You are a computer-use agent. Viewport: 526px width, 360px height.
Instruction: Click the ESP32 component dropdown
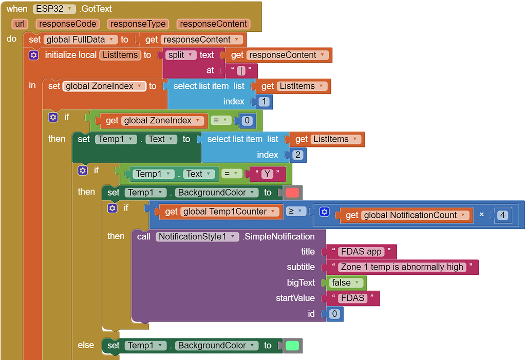(x=54, y=9)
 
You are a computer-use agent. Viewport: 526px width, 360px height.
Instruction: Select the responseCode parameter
(x=67, y=24)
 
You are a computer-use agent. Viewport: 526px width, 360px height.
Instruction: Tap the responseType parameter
(x=138, y=24)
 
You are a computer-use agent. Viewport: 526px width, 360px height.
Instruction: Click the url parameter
(x=20, y=24)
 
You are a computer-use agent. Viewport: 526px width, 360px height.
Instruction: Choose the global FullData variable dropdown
(x=81, y=40)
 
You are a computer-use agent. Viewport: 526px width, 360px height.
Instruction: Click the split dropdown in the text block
(x=180, y=55)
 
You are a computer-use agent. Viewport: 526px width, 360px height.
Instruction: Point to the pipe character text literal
(x=241, y=70)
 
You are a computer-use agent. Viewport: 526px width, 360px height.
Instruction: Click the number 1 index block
(x=264, y=102)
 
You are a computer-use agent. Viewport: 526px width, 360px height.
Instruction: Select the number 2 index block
(x=298, y=155)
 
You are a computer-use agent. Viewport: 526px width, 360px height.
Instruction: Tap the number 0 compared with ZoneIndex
(x=247, y=121)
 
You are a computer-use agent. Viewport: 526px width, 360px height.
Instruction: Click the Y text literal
(x=267, y=174)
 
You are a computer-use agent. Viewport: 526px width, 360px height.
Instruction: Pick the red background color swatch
(x=292, y=193)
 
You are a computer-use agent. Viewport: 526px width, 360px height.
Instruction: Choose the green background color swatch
(x=292, y=346)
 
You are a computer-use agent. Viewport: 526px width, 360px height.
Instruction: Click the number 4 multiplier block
(x=502, y=215)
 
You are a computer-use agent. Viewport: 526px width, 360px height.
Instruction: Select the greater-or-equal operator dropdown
(x=295, y=211)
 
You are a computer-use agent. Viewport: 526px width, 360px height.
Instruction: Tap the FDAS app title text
(x=361, y=252)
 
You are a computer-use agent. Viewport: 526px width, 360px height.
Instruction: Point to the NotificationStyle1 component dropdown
(x=197, y=237)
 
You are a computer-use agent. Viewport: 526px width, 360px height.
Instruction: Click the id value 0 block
(x=334, y=314)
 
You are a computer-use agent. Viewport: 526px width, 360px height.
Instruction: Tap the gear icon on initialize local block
(x=33, y=55)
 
